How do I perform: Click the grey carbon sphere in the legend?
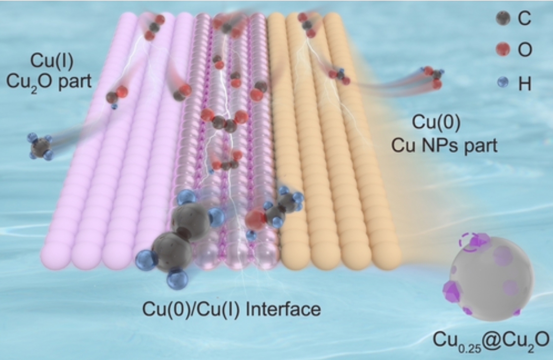503,18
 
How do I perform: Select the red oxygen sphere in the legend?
503,49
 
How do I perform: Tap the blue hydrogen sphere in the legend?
503,82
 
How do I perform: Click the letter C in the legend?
524,18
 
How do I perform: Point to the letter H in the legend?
524,84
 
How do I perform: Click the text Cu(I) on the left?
52,60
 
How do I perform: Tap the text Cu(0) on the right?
436,122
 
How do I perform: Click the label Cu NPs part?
445,144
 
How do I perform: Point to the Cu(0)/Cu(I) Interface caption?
232,309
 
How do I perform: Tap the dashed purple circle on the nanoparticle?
469,242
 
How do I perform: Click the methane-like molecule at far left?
39,146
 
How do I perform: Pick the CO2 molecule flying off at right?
433,77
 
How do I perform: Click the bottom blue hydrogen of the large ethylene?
177,279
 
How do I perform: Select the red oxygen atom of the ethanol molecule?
255,219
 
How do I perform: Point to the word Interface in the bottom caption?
283,309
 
